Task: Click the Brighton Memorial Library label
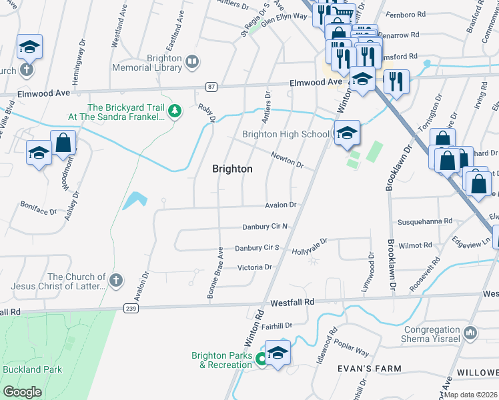click(155, 63)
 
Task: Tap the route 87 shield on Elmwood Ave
click(211, 87)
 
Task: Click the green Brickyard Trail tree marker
click(175, 111)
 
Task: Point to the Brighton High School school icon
click(346, 135)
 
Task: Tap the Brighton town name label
click(232, 169)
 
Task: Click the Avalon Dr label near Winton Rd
click(281, 205)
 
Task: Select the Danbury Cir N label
click(265, 227)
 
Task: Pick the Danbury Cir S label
click(256, 248)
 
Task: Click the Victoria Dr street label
click(256, 267)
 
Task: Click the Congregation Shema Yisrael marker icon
click(470, 332)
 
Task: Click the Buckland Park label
click(32, 369)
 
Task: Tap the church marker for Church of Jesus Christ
click(116, 280)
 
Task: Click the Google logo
click(22, 391)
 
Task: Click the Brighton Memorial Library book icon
click(192, 63)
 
